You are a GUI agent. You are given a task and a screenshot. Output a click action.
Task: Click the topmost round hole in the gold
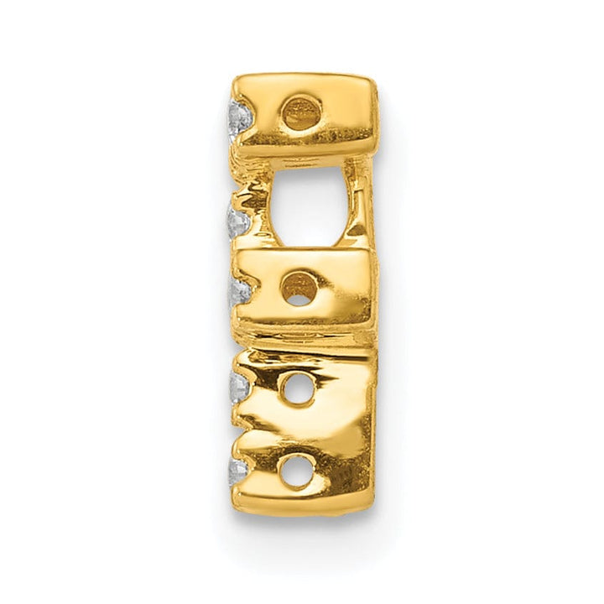click(302, 112)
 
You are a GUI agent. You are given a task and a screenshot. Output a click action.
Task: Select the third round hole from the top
click(296, 389)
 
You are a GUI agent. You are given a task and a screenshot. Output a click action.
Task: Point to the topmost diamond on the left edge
click(240, 118)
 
